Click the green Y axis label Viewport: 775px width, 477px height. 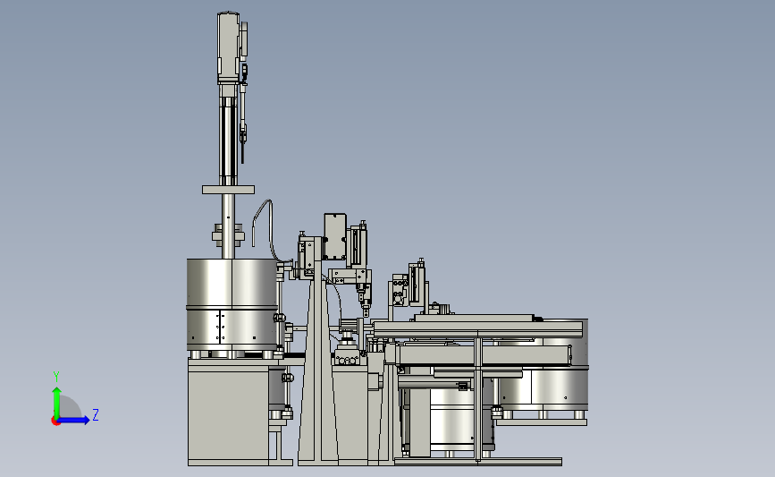(56, 377)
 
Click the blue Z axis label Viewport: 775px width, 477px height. (96, 414)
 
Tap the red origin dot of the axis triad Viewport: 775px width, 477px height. (55, 421)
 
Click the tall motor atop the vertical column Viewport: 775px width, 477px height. (228, 47)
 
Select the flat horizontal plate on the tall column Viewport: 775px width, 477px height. (228, 190)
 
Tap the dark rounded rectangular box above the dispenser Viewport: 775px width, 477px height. (335, 236)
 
